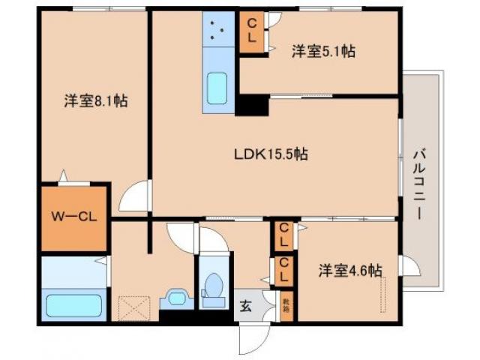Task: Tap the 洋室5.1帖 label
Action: point(323,52)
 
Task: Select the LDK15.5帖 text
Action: point(270,154)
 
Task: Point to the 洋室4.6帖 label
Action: point(349,269)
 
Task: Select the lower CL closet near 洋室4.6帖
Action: point(284,270)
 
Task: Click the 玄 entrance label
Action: point(246,305)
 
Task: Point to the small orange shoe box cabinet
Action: point(286,305)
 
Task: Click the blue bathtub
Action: point(73,305)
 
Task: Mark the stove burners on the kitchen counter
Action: point(219,30)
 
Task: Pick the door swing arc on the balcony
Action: point(410,266)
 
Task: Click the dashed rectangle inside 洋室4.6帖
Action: point(385,295)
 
